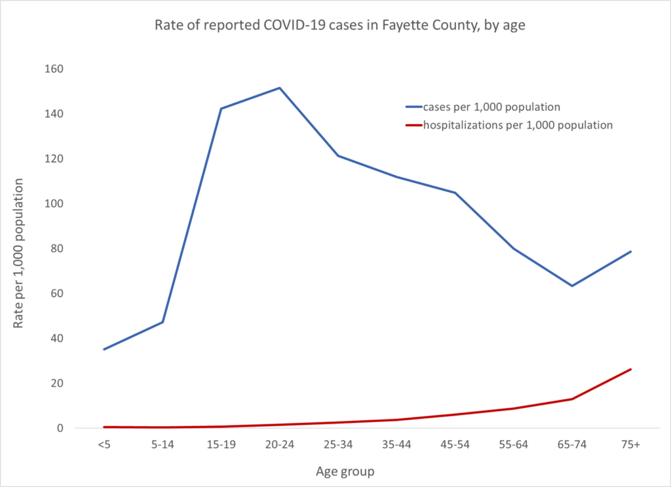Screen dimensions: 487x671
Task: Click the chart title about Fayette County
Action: [335, 26]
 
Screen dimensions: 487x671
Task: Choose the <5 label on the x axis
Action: [104, 445]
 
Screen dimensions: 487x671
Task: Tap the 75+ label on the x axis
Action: [630, 445]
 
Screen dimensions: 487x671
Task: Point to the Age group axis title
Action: [345, 471]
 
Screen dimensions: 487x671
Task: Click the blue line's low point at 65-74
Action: [572, 286]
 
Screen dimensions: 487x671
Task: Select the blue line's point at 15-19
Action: [221, 109]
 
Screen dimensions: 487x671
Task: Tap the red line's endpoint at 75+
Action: [630, 369]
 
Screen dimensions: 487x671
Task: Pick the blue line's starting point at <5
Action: [104, 349]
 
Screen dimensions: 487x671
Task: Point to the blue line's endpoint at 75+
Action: [630, 251]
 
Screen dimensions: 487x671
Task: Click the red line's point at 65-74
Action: [572, 399]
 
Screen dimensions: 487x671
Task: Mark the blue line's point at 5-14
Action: [163, 322]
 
